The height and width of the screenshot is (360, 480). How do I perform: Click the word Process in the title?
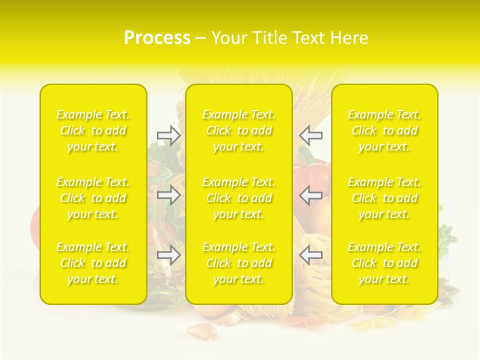[x=157, y=38]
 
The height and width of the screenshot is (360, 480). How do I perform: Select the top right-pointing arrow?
[x=168, y=135]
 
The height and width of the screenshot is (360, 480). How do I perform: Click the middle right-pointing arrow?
[x=168, y=195]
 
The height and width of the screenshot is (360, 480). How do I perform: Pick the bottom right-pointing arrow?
[x=168, y=255]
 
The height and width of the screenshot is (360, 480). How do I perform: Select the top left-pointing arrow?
[x=311, y=135]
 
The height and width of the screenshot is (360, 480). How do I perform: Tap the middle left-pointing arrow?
[x=311, y=195]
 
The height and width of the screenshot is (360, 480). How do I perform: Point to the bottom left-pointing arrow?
[x=311, y=255]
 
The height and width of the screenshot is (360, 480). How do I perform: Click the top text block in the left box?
[x=93, y=130]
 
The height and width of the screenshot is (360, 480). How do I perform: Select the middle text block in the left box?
[x=93, y=198]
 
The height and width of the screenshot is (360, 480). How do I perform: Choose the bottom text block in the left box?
[x=93, y=263]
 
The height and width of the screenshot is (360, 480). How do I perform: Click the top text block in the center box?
[x=239, y=130]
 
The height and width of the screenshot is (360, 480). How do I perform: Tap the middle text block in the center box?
[x=239, y=198]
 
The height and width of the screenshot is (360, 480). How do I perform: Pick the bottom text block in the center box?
[x=239, y=263]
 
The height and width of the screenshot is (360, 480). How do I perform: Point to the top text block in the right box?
[x=384, y=130]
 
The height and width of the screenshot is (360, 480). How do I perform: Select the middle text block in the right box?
[x=384, y=198]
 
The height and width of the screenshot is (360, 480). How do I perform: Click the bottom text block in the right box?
[x=384, y=263]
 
